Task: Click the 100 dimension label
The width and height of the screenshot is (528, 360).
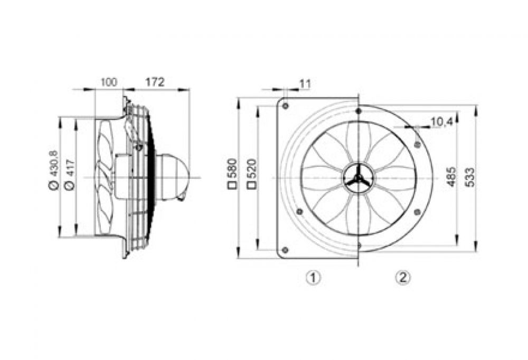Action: tap(109, 82)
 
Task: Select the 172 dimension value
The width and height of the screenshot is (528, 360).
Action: tap(155, 82)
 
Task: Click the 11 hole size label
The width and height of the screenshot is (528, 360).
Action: tap(305, 84)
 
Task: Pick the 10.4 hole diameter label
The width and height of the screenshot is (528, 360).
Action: tap(441, 122)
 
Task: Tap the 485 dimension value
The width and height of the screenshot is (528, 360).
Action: tap(451, 176)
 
